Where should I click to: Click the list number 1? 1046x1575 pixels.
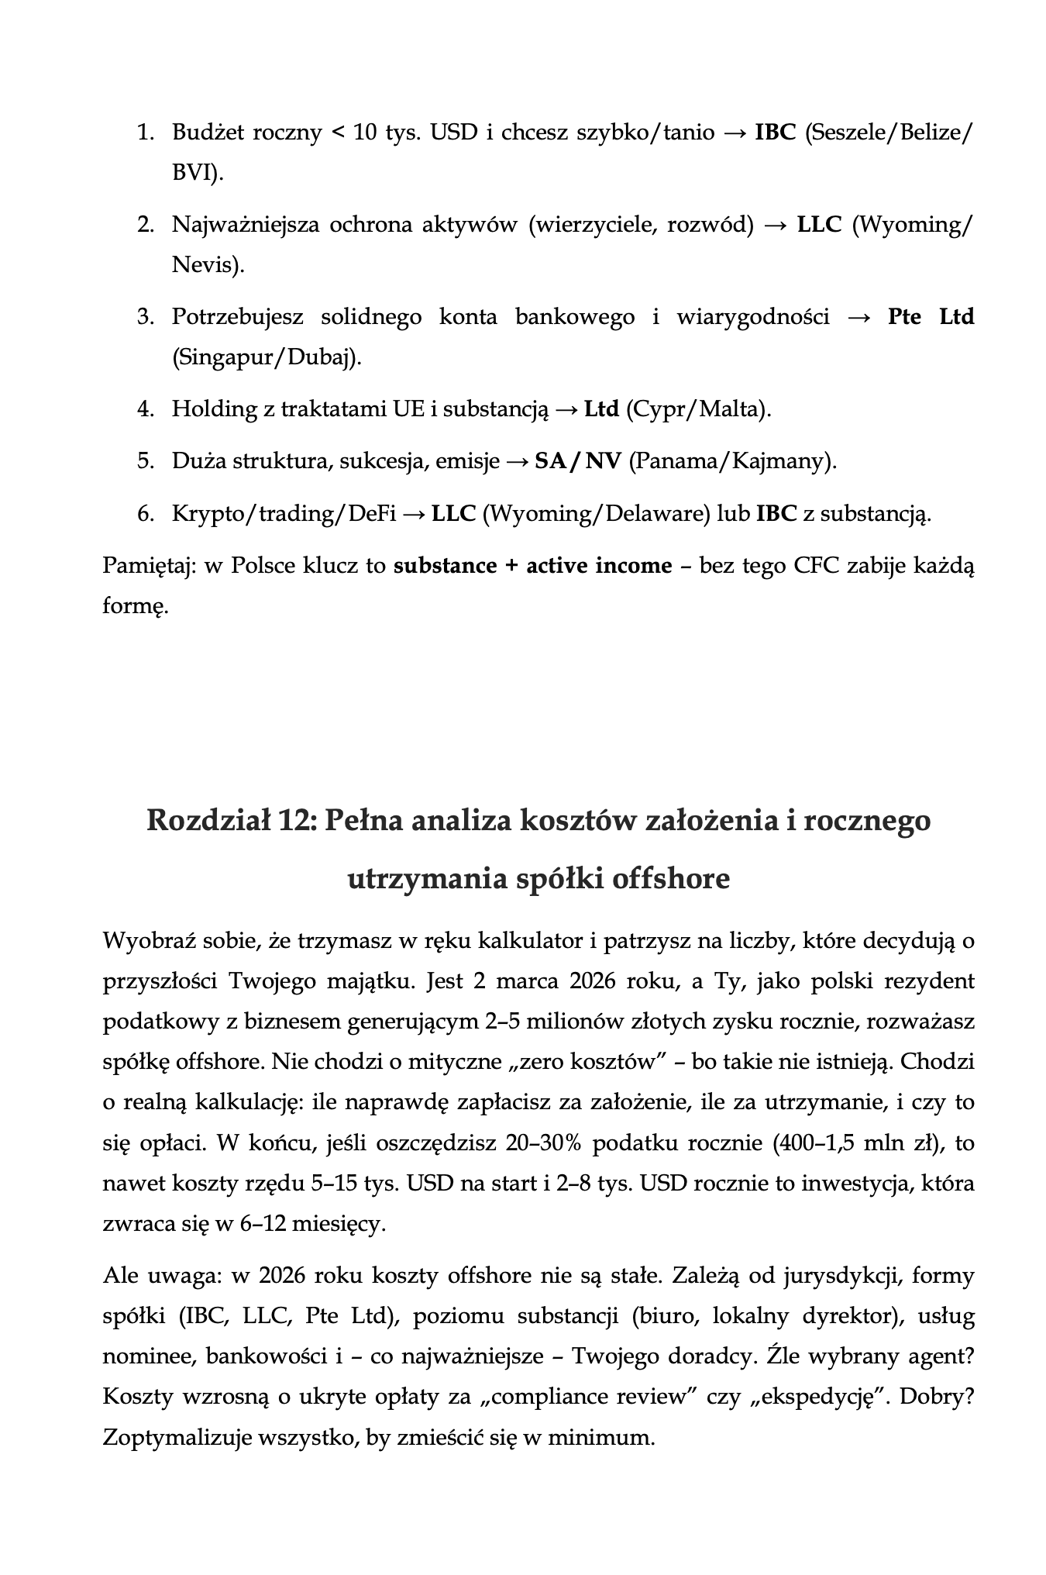click(x=145, y=133)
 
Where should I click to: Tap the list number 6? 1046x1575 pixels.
click(x=145, y=514)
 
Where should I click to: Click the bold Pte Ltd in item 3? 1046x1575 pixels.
click(x=931, y=317)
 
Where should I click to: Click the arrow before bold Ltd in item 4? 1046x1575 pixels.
click(x=566, y=408)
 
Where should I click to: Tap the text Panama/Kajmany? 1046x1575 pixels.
click(x=733, y=461)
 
